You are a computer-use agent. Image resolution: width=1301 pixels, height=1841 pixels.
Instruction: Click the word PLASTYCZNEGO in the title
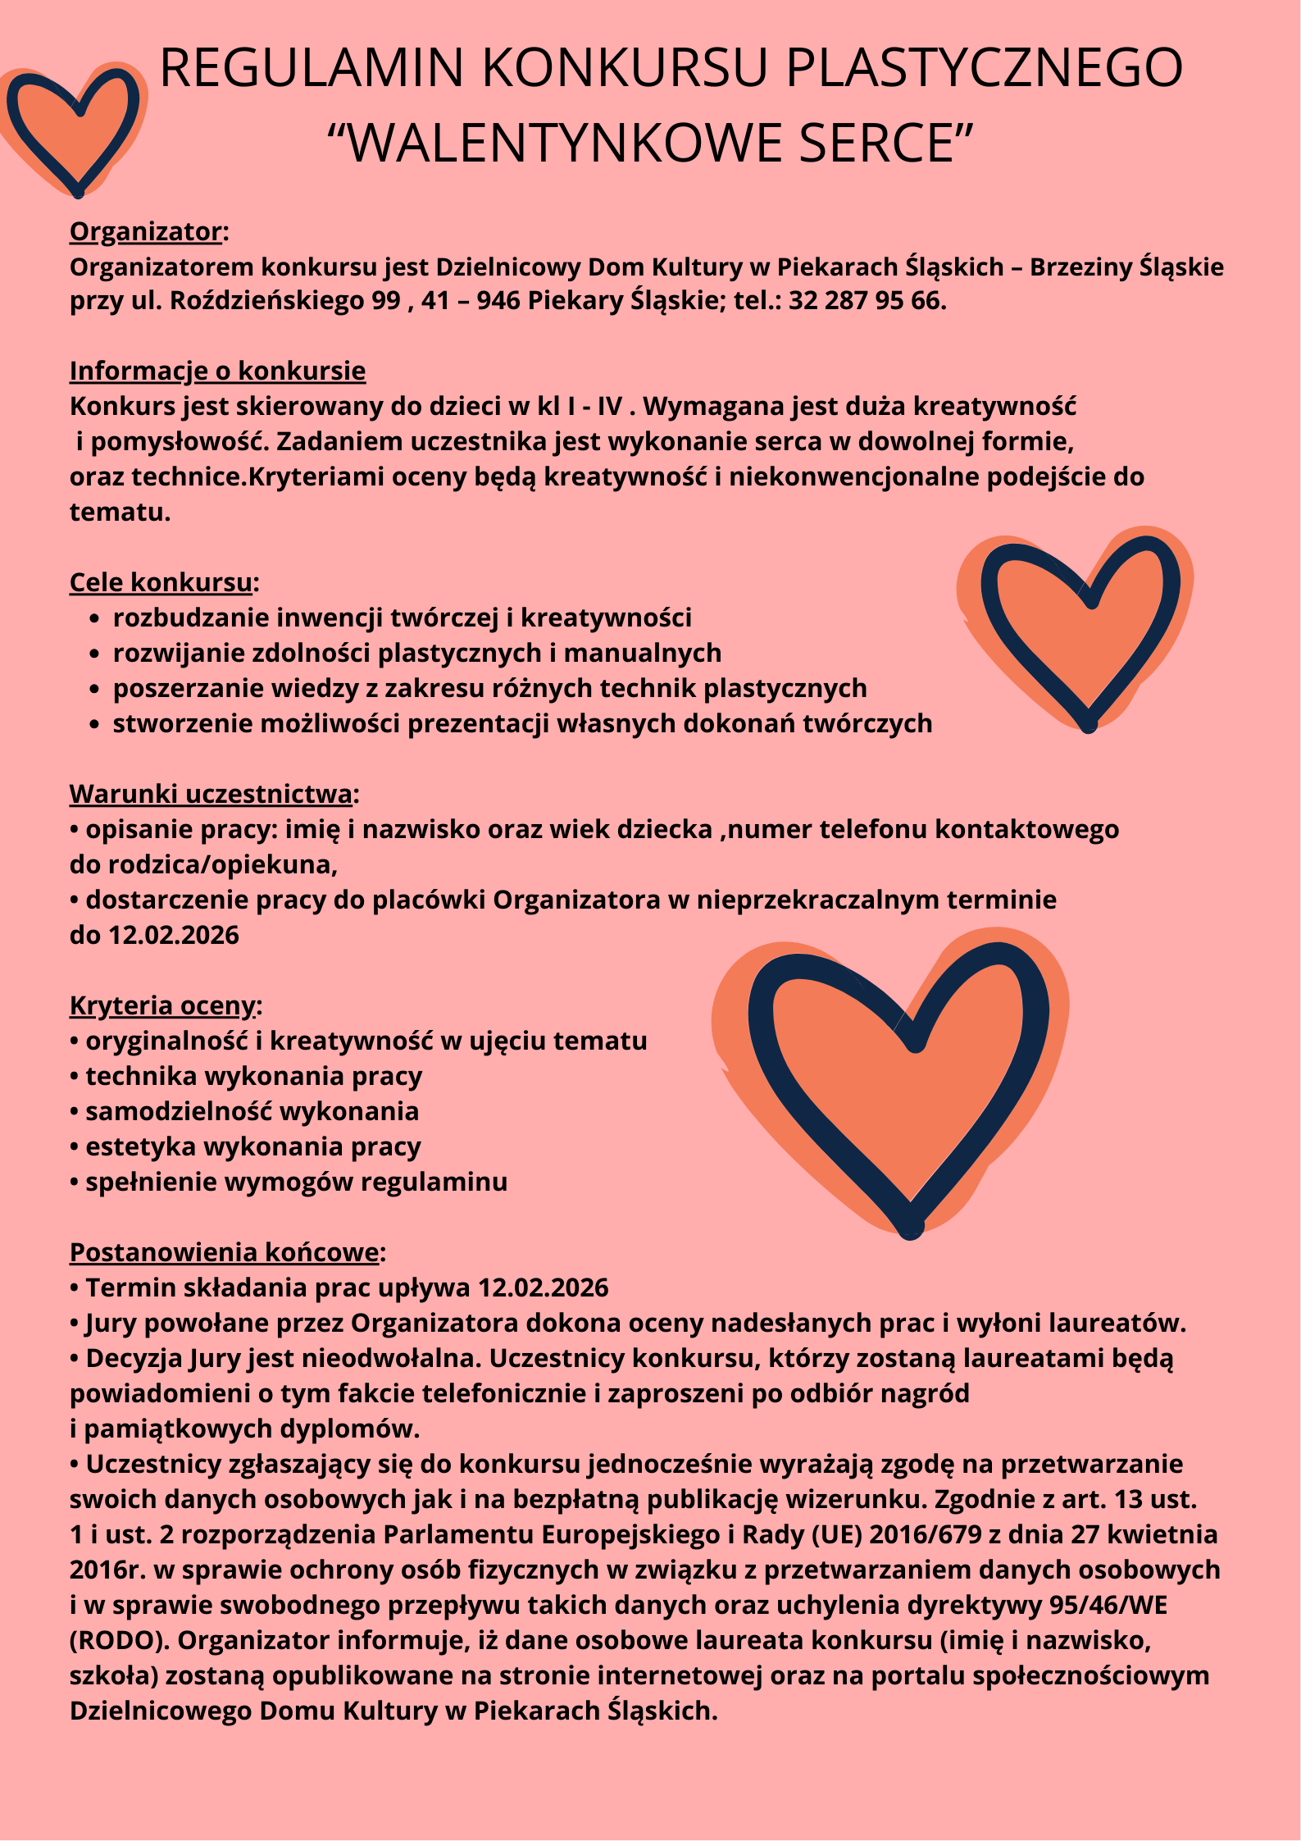point(984,67)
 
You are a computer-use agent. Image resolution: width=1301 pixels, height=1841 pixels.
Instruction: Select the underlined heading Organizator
point(145,232)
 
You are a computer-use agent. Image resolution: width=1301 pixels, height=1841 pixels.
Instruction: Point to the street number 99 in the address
point(385,301)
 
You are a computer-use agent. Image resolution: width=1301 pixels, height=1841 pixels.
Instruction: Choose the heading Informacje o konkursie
point(217,371)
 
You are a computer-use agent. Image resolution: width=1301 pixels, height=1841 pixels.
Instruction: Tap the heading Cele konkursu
point(161,582)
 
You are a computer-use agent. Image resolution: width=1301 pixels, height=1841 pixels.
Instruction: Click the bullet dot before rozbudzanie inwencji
point(95,619)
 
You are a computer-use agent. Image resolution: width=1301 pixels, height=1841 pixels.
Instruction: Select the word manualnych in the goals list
point(642,654)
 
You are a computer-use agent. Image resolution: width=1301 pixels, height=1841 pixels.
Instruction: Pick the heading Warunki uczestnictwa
point(211,794)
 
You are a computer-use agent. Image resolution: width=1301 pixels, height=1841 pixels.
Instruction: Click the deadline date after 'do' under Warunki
point(174,936)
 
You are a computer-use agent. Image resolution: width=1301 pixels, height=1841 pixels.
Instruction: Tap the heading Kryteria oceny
point(162,1005)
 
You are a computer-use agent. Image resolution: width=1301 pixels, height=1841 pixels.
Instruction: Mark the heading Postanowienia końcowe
point(224,1252)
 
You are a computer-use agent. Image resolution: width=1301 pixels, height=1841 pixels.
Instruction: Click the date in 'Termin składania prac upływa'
point(543,1288)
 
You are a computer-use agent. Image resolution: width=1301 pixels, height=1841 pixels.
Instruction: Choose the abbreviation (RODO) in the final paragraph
point(119,1640)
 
